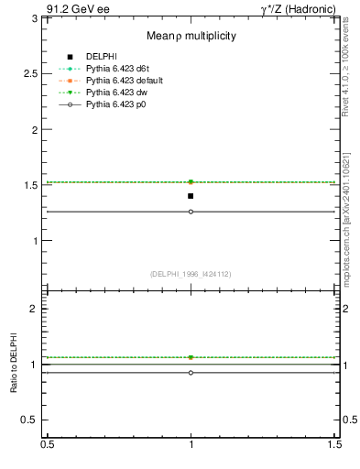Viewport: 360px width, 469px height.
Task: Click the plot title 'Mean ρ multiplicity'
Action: coord(191,36)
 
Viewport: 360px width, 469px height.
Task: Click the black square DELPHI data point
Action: coord(191,196)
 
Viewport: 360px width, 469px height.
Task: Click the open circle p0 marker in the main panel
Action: coord(191,212)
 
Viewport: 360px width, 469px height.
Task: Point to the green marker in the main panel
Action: coord(191,182)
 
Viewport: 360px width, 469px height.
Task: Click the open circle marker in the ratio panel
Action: coord(191,373)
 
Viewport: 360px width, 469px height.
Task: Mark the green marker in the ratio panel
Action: coord(191,357)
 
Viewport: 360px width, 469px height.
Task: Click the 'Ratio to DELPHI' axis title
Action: coord(15,364)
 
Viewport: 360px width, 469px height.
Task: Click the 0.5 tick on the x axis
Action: coord(48,444)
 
